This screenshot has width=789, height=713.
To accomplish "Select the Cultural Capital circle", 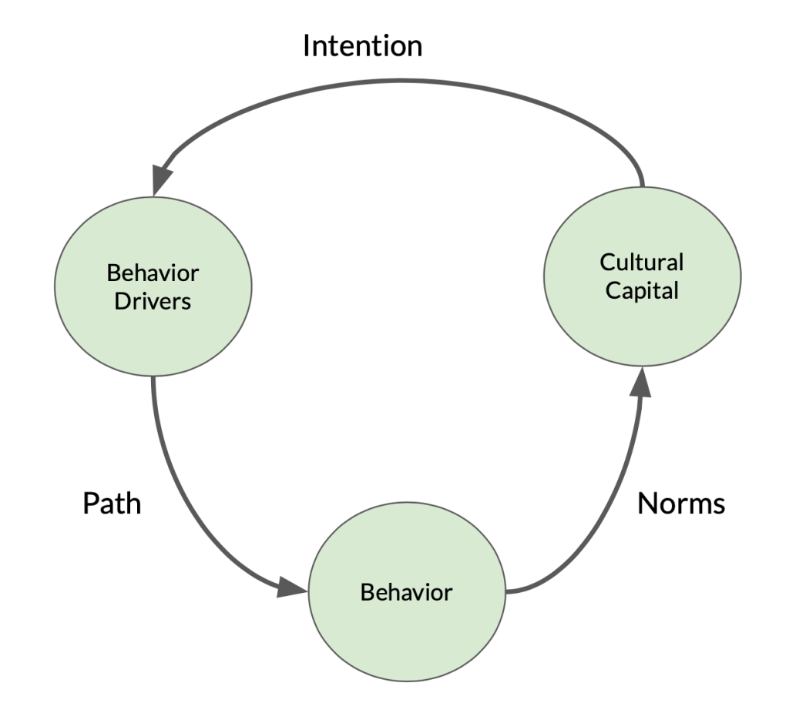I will pyautogui.click(x=642, y=276).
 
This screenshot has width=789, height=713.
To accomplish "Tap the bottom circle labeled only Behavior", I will pyautogui.click(x=406, y=592).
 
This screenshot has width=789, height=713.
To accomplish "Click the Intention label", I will pyautogui.click(x=362, y=46).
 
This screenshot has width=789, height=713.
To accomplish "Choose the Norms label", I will pyautogui.click(x=682, y=504).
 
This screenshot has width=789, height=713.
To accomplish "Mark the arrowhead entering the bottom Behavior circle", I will pyautogui.click(x=293, y=591).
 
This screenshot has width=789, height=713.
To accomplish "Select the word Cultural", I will pyautogui.click(x=642, y=262).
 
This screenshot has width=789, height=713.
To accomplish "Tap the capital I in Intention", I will pyautogui.click(x=307, y=46).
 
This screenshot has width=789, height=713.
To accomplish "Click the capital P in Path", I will pyautogui.click(x=89, y=504).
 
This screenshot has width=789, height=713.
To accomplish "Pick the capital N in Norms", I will pyautogui.click(x=648, y=504).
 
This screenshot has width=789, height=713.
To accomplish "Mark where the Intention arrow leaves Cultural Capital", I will pyautogui.click(x=642, y=183).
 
